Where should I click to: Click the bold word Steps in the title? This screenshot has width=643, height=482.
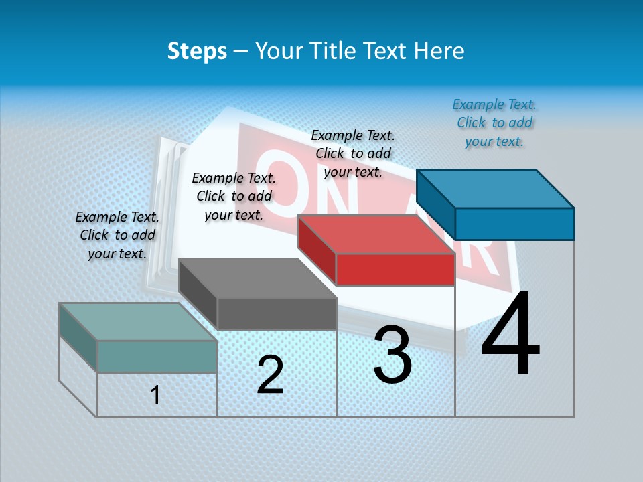pyautogui.click(x=197, y=51)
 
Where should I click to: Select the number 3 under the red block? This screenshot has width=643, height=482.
pyautogui.click(x=392, y=355)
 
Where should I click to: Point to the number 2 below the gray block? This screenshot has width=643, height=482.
pyautogui.click(x=270, y=375)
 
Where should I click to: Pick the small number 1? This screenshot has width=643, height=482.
pyautogui.click(x=155, y=395)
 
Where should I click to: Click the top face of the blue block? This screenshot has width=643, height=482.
pyautogui.click(x=496, y=188)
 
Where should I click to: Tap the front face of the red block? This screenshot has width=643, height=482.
pyautogui.click(x=395, y=270)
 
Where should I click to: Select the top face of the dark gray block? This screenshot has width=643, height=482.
pyautogui.click(x=257, y=278)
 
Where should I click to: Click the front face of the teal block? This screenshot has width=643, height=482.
pyautogui.click(x=157, y=356)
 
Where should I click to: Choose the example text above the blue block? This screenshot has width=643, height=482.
pyautogui.click(x=494, y=123)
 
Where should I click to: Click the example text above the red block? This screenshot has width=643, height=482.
pyautogui.click(x=353, y=153)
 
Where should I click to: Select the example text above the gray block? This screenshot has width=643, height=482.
pyautogui.click(x=234, y=196)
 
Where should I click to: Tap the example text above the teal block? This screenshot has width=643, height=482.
pyautogui.click(x=117, y=235)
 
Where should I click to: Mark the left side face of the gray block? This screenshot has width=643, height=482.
pyautogui.click(x=198, y=293)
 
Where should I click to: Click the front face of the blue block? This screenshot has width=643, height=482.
pyautogui.click(x=514, y=224)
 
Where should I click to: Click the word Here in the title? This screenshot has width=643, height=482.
pyautogui.click(x=438, y=51)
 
